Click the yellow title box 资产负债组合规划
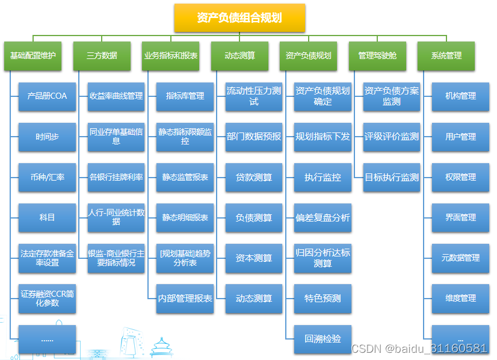pyautogui.click(x=239, y=18)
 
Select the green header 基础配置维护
pyautogui.click(x=33, y=55)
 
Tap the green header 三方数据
pyautogui.click(x=102, y=55)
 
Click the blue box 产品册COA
pyautogui.click(x=47, y=96)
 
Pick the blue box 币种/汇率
pyautogui.click(x=47, y=177)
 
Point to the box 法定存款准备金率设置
pyautogui.click(x=47, y=258)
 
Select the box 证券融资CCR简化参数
pyautogui.click(x=47, y=298)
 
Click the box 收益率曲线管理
pyautogui.click(x=116, y=96)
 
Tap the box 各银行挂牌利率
pyautogui.click(x=116, y=177)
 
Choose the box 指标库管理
pyautogui.click(x=185, y=96)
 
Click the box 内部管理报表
pyautogui.click(x=185, y=298)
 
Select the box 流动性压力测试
pyautogui.click(x=254, y=96)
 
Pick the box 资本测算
pyautogui.click(x=254, y=258)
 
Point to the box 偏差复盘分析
pyautogui.click(x=323, y=217)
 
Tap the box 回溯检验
pyautogui.click(x=323, y=338)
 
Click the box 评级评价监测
pyautogui.click(x=392, y=137)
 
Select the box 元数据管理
pyautogui.click(x=460, y=258)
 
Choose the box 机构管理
pyautogui.click(x=460, y=96)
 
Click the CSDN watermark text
pyautogui.click(x=419, y=349)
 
